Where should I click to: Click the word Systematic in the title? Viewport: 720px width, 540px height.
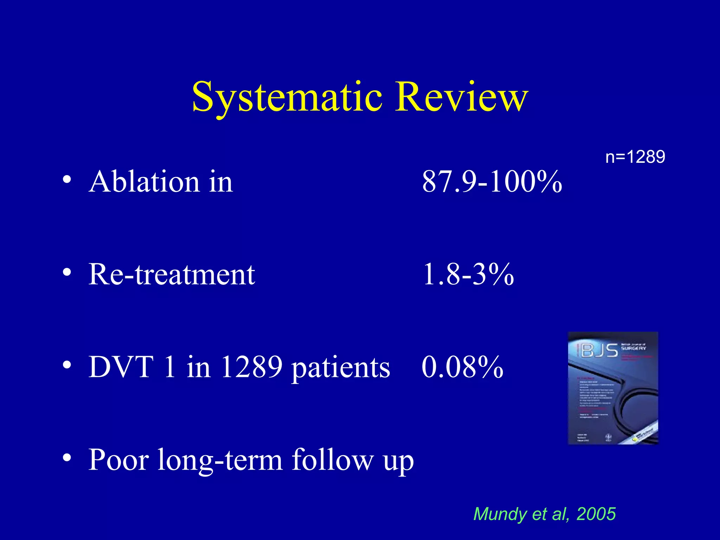[x=287, y=97]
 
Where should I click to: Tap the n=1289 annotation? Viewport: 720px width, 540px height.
[x=635, y=157]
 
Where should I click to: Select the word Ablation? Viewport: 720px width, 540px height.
[x=144, y=182]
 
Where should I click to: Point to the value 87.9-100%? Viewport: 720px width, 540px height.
[x=491, y=182]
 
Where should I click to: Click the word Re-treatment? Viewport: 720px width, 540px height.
[x=171, y=275]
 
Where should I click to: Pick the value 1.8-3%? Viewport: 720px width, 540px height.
[x=468, y=275]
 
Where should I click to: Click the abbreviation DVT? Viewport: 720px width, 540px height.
[x=121, y=367]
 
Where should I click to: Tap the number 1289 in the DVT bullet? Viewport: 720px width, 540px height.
[x=251, y=367]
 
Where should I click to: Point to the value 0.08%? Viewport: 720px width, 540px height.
[x=462, y=367]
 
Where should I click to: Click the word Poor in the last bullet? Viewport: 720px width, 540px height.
[x=118, y=460]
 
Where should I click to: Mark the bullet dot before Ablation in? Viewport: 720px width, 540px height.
[x=67, y=180]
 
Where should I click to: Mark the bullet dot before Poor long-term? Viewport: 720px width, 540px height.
[x=67, y=458]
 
